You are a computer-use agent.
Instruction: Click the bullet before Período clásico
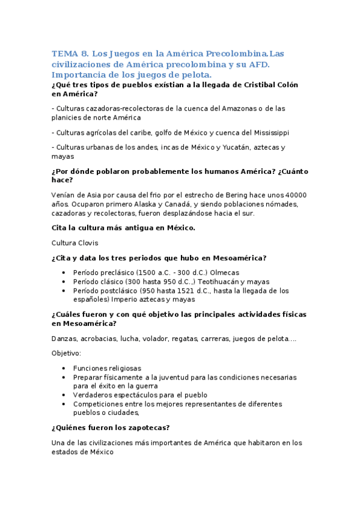pos(64,281)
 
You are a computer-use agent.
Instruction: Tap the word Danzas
pos(65,339)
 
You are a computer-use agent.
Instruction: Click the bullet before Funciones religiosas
pos(64,368)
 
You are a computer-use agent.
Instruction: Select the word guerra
pos(146,386)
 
